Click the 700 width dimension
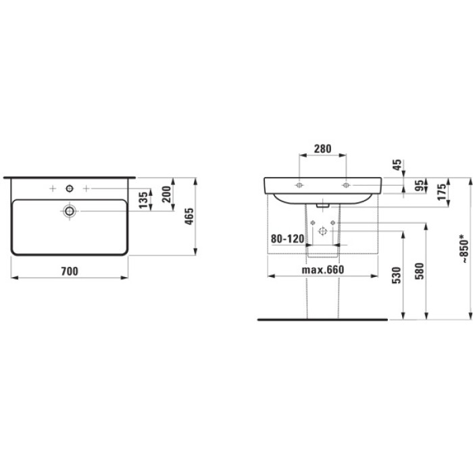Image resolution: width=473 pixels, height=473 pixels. coord(70,271)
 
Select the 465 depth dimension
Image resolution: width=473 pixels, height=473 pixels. coord(190,216)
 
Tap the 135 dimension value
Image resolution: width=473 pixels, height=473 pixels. coord(143,199)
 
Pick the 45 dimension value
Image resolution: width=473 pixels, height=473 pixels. coord(397,164)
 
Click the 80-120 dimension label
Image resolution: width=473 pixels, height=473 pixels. coord(285,239)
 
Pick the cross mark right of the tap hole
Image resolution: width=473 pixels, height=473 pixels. coord(86,186)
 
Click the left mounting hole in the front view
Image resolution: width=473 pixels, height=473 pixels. coord(299,184)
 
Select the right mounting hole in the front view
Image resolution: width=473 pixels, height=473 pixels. coord(345,184)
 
